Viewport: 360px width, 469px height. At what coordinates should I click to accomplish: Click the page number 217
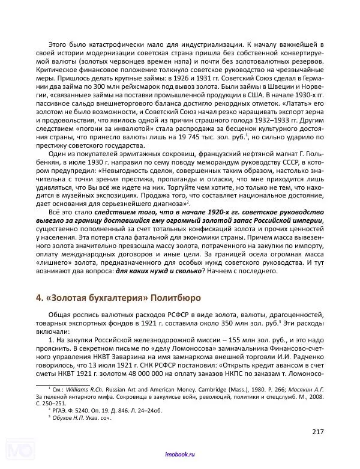(317, 432)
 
